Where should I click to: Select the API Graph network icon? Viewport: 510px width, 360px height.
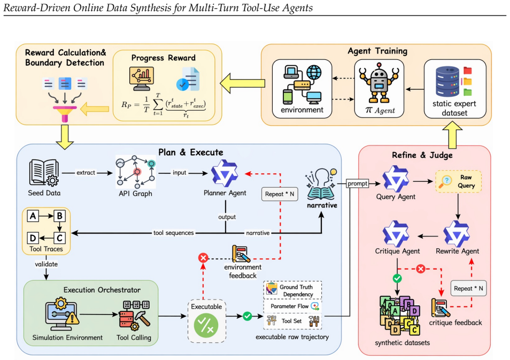[x=136, y=172]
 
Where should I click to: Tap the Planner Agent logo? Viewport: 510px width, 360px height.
[x=225, y=173]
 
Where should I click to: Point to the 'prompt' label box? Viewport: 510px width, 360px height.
[x=358, y=183]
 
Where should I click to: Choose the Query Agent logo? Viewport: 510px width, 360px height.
[x=396, y=179]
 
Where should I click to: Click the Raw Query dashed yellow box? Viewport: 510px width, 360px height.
[x=458, y=181]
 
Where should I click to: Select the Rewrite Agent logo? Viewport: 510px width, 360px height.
[x=457, y=234]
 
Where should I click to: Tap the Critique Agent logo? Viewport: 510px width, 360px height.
[x=396, y=234]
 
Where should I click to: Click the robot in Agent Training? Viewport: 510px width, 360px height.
[x=379, y=83]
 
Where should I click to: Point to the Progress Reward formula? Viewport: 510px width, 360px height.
[x=164, y=105]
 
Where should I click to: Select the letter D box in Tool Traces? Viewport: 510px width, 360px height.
[x=33, y=238]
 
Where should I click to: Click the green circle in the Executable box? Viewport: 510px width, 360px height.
[x=206, y=325]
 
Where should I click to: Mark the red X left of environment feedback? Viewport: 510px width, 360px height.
[x=203, y=258]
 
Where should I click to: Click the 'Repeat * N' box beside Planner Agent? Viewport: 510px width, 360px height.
[x=280, y=194]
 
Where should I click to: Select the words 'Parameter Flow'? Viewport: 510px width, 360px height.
[x=289, y=306]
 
